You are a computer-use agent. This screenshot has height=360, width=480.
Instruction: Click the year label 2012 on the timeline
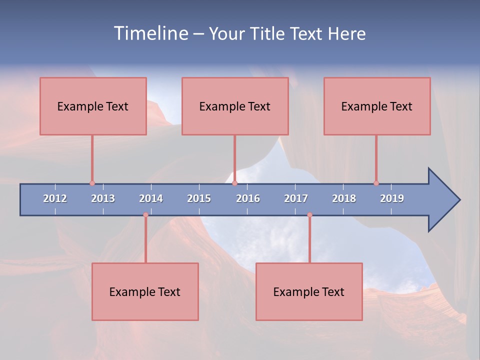pyautogui.click(x=55, y=198)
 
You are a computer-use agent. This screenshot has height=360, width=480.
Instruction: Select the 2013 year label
pyautogui.click(x=103, y=198)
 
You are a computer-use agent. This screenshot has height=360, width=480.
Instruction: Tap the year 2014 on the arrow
pyautogui.click(x=151, y=198)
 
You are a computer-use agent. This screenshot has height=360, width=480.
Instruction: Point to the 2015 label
pyautogui.click(x=199, y=198)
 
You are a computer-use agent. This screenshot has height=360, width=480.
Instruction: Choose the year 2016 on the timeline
pyautogui.click(x=248, y=198)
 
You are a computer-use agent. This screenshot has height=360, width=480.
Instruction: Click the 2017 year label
pyautogui.click(x=296, y=198)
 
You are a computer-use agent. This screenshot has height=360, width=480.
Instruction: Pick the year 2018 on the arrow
pyautogui.click(x=344, y=198)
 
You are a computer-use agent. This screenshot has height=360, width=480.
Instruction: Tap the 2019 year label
pyautogui.click(x=392, y=198)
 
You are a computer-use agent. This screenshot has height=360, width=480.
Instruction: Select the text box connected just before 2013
pyautogui.click(x=93, y=106)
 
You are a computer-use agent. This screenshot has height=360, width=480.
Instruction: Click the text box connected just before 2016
pyautogui.click(x=235, y=106)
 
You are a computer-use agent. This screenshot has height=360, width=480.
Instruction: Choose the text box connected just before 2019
pyautogui.click(x=377, y=106)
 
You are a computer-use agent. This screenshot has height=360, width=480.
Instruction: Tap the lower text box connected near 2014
pyautogui.click(x=145, y=291)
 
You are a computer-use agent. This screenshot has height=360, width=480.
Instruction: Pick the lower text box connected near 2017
pyautogui.click(x=309, y=291)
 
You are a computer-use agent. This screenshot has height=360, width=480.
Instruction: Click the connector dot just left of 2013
pyautogui.click(x=92, y=183)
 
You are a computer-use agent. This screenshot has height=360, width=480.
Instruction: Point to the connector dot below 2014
pyautogui.click(x=145, y=215)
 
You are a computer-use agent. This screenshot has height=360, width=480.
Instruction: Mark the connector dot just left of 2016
pyautogui.click(x=234, y=183)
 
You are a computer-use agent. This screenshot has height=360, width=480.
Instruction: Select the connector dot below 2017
pyautogui.click(x=309, y=215)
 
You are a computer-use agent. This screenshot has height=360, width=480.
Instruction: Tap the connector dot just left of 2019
pyautogui.click(x=376, y=183)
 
